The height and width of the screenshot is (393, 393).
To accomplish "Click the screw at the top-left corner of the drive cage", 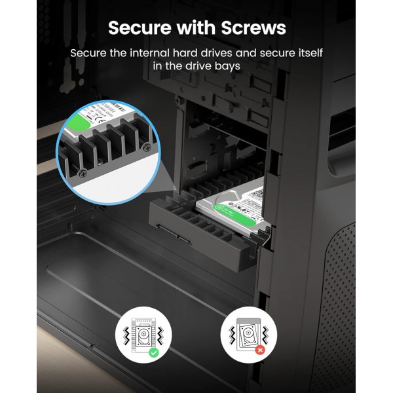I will coord(176,100).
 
